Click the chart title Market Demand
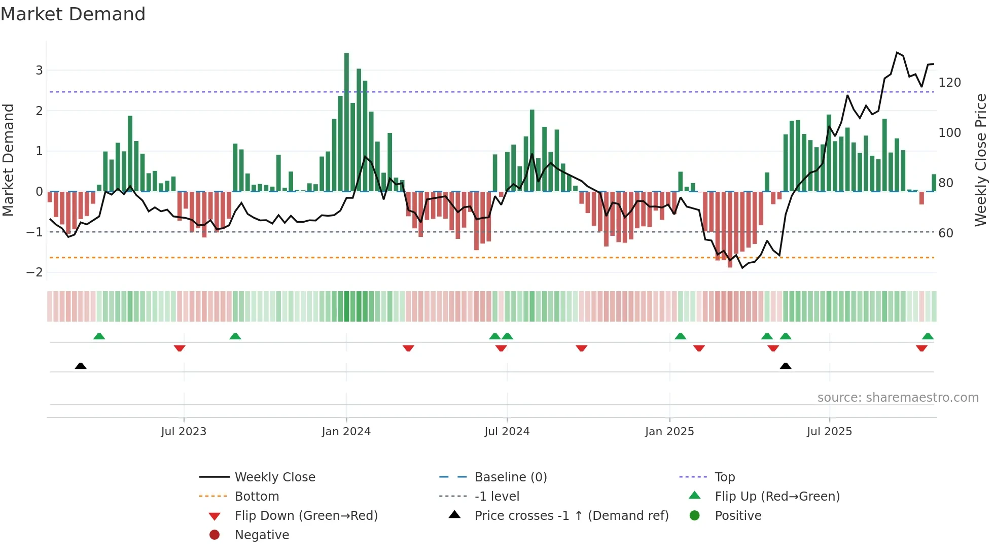73,14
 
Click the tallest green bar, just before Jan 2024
346,122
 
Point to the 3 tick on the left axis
39,71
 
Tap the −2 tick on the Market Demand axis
35,272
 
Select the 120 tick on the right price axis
949,83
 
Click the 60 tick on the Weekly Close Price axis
945,233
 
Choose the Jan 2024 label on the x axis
346,432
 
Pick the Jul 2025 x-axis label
829,432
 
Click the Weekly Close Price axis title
981,160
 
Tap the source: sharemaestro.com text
898,398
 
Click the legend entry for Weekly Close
274,477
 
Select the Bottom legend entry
257,497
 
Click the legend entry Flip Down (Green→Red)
306,516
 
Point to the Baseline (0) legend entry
510,477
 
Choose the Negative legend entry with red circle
262,535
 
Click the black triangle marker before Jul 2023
81,366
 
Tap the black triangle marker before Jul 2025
785,366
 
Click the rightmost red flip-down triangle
921,348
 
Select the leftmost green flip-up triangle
99,336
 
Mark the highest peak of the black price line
897,53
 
